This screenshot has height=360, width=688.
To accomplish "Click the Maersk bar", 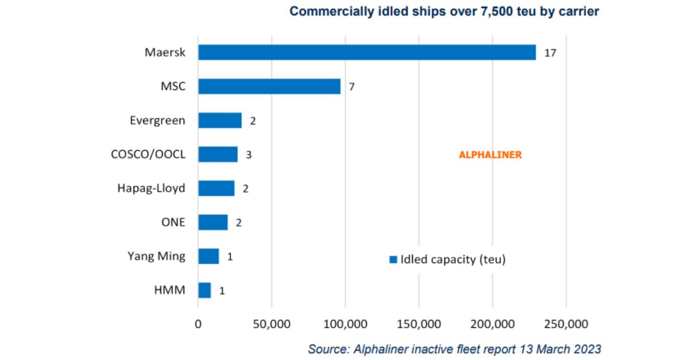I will pyautogui.click(x=367, y=53).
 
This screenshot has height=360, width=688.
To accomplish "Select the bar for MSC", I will pyautogui.click(x=269, y=87).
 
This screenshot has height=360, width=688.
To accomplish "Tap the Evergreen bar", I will pyautogui.click(x=220, y=120).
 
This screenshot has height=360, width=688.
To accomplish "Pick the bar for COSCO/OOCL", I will pyautogui.click(x=217, y=154).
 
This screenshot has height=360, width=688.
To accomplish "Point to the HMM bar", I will pyautogui.click(x=204, y=290).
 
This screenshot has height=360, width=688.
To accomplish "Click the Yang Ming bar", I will pyautogui.click(x=208, y=256).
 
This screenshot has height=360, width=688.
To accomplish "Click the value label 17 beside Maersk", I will pyautogui.click(x=550, y=53).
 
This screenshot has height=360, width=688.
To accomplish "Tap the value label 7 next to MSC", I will pyautogui.click(x=352, y=87).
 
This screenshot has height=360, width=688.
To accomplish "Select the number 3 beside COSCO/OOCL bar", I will pyautogui.click(x=249, y=154).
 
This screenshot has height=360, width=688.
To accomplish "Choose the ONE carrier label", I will pyautogui.click(x=173, y=222).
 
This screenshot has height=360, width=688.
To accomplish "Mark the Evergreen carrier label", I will pyautogui.click(x=157, y=120).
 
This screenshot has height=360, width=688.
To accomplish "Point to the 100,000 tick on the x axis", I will pyautogui.click(x=345, y=324).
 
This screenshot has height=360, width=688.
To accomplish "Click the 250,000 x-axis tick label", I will pyautogui.click(x=566, y=324).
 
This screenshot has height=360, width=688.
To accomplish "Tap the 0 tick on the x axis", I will pyautogui.click(x=198, y=324).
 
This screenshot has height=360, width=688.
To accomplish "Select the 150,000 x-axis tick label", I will pyautogui.click(x=419, y=324).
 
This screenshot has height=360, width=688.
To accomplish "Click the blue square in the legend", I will pyautogui.click(x=393, y=260).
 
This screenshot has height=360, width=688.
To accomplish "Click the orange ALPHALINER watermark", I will pyautogui.click(x=490, y=155).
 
